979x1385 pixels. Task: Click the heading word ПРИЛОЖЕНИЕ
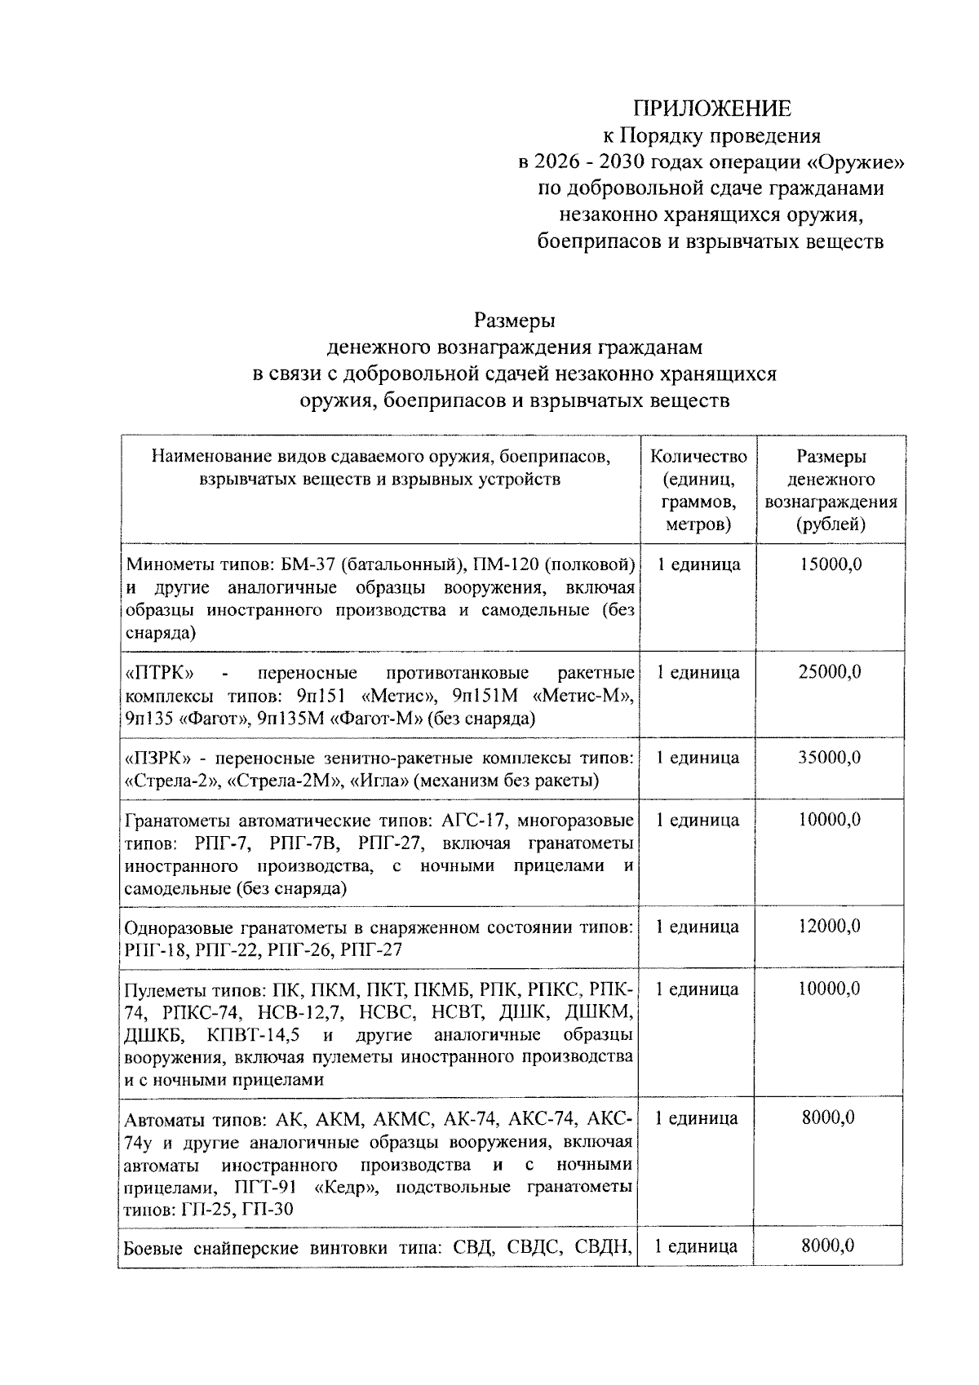714,108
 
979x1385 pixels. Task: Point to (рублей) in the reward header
831,524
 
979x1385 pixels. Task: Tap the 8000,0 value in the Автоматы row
829,1117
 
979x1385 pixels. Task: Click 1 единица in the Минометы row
699,564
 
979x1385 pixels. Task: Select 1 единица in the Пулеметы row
698,989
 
